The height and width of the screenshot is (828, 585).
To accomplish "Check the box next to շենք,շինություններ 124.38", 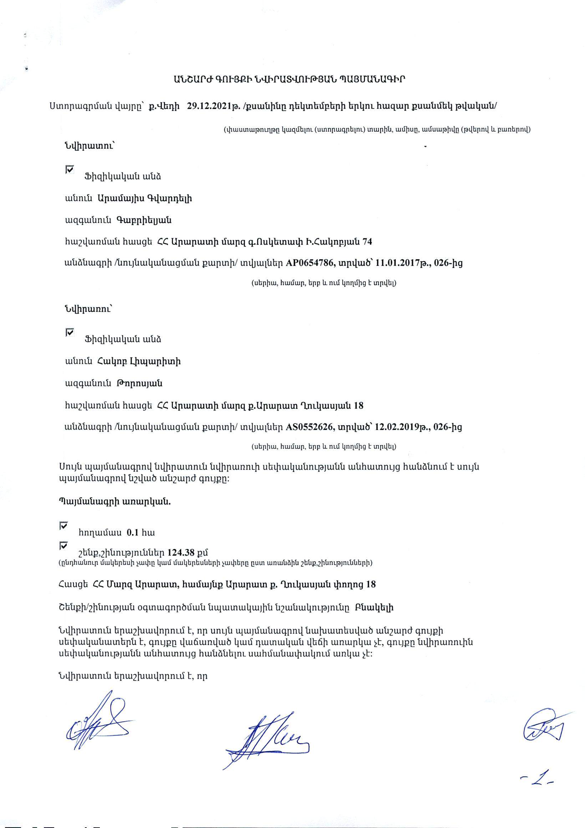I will (63, 546).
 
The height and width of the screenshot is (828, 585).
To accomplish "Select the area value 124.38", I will (181, 552).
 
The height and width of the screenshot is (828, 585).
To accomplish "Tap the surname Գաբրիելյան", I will (143, 220).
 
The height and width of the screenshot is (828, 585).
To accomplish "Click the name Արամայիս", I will (120, 198).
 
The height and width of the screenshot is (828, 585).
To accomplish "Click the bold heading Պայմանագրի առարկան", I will (115, 502).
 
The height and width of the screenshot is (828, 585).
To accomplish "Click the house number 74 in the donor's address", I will (367, 241).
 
